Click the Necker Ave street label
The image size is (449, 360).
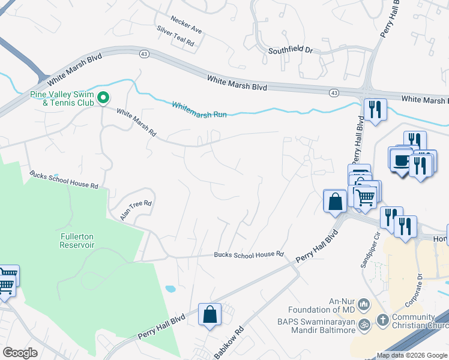[x=187, y=29]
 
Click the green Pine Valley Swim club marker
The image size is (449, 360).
[x=103, y=97]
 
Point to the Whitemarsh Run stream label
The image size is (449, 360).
[x=199, y=109]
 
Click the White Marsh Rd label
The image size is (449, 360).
[x=136, y=122]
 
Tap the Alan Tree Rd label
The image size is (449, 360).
[x=136, y=211]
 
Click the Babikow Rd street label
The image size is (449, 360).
[x=230, y=340]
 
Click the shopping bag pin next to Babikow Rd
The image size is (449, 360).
[x=209, y=314]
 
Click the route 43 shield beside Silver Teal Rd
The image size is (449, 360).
[x=144, y=54]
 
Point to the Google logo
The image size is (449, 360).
[x=20, y=352]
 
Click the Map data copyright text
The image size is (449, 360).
[x=412, y=355]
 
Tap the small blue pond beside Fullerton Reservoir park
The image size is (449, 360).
[x=170, y=289]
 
